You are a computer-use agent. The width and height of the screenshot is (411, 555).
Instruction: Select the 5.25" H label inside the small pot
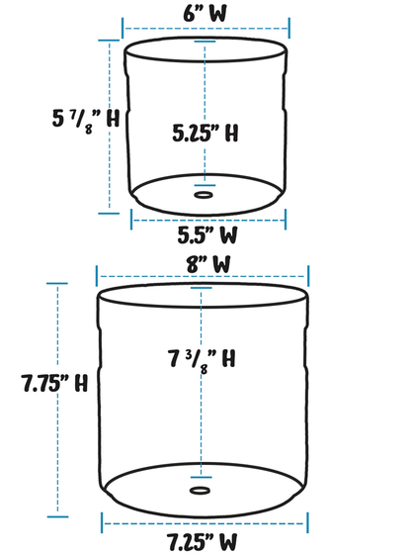point(205,133)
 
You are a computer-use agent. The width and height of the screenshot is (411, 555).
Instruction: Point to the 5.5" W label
point(206,235)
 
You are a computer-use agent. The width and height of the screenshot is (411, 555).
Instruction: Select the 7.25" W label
point(204,541)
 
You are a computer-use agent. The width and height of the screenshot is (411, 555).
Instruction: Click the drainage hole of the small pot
point(204,195)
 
